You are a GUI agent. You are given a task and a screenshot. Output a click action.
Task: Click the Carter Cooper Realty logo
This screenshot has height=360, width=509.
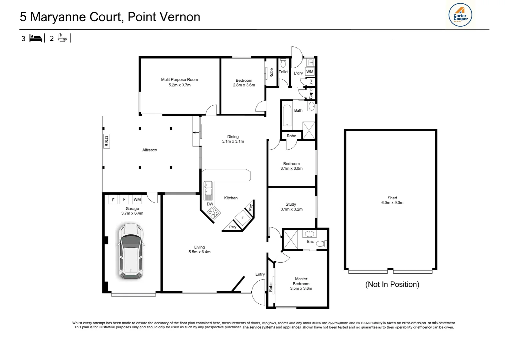pos(460,15)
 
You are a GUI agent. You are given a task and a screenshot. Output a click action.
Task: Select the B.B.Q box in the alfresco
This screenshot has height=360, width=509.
pos(107,141)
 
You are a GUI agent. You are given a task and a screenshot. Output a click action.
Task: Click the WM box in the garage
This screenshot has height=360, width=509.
pos(137,199)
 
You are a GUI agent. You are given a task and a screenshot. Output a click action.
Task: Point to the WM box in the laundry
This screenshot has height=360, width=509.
pos(310,72)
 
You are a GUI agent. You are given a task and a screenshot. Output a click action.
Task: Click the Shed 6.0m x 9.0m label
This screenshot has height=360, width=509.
pos(392,200)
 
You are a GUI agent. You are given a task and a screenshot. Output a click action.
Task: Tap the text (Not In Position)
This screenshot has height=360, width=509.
pos(392,284)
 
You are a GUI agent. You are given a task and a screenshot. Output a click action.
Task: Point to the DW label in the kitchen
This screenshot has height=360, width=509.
pos(210,204)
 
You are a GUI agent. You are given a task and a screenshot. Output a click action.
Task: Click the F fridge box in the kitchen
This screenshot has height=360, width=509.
pos(243,218)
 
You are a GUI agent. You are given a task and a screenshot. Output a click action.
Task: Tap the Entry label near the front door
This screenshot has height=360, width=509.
pos(260,274)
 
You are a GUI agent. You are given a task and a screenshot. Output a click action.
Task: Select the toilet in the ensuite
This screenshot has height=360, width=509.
pos(321,244)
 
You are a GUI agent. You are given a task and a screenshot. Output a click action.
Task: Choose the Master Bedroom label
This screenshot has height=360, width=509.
pos(301,284)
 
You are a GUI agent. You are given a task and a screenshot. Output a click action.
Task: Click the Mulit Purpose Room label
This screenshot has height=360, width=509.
pos(179,82)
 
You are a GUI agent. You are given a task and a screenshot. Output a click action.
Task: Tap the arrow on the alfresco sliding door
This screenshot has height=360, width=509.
pos(196,133)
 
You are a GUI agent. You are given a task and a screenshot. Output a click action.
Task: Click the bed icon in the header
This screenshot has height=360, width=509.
pos(36,38)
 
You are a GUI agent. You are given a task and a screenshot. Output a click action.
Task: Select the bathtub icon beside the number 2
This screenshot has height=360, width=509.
pos(62,38)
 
